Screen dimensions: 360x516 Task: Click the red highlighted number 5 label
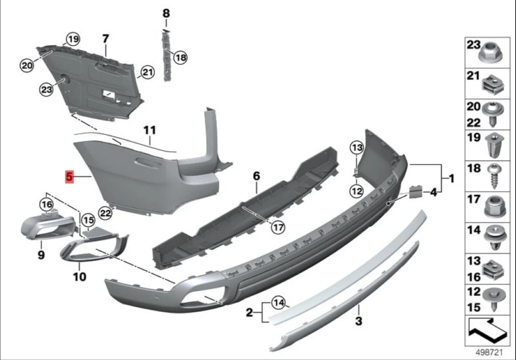coord(69,177)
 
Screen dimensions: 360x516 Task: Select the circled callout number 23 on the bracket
coord(46,90)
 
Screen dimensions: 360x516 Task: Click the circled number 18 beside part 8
coord(181,57)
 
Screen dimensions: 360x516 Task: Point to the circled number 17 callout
coord(277,226)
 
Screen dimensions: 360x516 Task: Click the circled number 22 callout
coord(106,212)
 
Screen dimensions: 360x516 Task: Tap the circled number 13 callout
coord(356,147)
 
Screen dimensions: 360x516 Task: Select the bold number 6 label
coord(256,175)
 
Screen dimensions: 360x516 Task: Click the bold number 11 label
coord(150,130)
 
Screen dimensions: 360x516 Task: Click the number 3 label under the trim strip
coord(359,321)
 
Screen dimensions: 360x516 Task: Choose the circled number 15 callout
coord(88,221)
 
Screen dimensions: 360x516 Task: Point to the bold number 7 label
coord(106,38)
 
